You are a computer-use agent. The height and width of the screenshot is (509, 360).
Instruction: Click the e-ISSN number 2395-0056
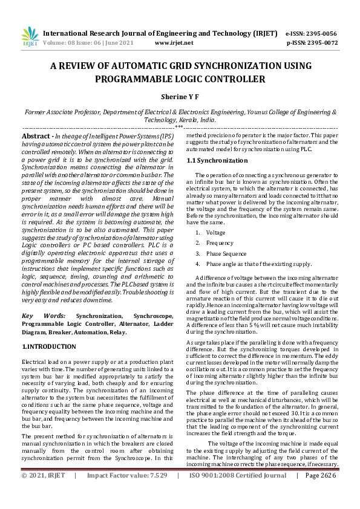coord(322,34)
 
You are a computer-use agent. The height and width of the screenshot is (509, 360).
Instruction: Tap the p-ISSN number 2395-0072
coord(322,43)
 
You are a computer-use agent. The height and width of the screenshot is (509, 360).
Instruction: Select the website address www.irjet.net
coord(174,43)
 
